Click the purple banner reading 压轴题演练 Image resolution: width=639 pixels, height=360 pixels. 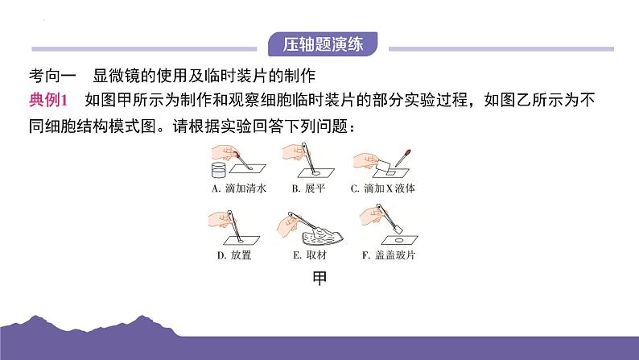(323, 44)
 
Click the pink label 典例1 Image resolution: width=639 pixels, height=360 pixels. (48, 101)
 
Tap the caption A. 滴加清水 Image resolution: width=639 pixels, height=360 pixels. (239, 188)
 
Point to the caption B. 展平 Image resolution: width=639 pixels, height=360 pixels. (308, 188)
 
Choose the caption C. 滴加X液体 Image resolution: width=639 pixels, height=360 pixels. (382, 188)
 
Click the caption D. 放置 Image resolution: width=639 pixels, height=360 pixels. (234, 255)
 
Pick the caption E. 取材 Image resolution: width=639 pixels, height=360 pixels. (310, 255)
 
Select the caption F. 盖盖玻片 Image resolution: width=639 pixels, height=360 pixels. (389, 255)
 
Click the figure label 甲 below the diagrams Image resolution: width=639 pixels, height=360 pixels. (319, 279)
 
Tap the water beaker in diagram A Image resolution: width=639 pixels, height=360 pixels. (218, 170)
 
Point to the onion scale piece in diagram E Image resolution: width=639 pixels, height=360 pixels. (323, 236)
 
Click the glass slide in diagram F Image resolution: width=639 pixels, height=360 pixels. (399, 240)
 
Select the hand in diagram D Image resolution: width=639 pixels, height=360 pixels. (219, 219)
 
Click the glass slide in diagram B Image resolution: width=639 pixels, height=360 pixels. (315, 173)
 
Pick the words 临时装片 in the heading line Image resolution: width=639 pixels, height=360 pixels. (237, 76)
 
